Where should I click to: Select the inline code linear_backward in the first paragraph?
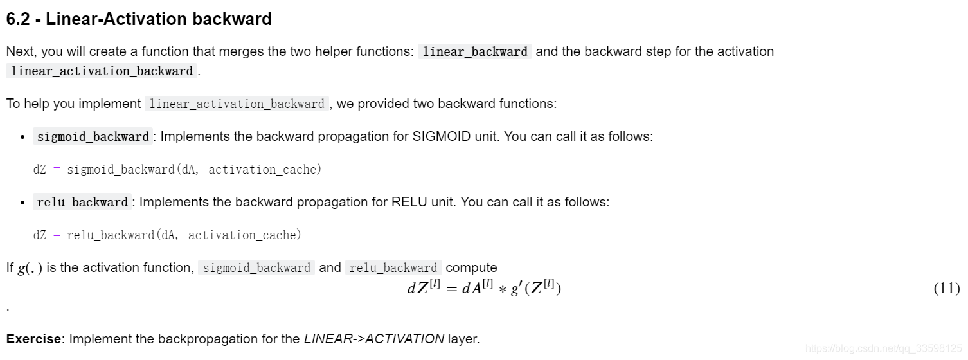[475, 52]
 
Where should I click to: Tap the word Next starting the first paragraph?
[19, 51]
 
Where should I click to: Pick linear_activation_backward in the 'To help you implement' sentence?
[237, 104]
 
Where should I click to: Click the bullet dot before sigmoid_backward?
[23, 137]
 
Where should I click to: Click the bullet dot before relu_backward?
[23, 203]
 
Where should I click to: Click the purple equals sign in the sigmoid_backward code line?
[57, 170]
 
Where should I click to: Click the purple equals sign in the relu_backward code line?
[57, 235]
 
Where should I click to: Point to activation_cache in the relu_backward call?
[245, 235]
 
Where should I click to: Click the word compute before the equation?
[471, 267]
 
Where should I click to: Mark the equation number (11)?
[946, 288]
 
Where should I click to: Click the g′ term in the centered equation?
[514, 288]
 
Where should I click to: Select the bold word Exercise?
[33, 338]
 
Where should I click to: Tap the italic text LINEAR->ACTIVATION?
[374, 338]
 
